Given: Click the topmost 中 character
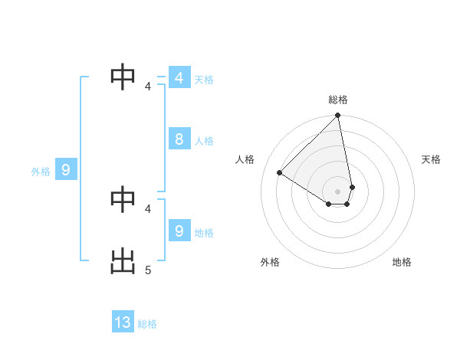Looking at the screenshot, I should tap(123, 77).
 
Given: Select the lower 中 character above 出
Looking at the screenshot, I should tap(123, 198).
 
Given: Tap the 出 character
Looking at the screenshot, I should tap(123, 260).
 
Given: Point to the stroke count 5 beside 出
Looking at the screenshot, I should tap(148, 270).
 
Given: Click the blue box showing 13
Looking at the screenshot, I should tap(123, 322).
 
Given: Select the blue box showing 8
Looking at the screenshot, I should tap(179, 139).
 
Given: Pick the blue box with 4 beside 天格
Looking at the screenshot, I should tap(179, 78).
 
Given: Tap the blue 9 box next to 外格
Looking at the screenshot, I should tap(66, 171).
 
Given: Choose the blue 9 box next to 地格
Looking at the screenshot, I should tap(179, 231).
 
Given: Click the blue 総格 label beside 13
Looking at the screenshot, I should tap(147, 324).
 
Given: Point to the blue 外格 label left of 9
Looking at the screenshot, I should tap(41, 172).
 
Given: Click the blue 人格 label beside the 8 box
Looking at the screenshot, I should tap(204, 141).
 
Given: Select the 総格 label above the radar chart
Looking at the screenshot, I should tap(338, 100).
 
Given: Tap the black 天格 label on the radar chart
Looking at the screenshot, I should tap(431, 159).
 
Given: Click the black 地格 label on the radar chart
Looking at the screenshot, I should tap(402, 262).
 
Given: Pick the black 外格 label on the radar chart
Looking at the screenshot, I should tap(270, 262).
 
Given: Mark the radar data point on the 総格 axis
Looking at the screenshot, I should tap(338, 116).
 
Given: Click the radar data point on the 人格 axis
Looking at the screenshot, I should tap(280, 173).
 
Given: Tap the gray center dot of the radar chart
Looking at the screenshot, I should tap(338, 190).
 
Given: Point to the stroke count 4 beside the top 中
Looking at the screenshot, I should tap(148, 87).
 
